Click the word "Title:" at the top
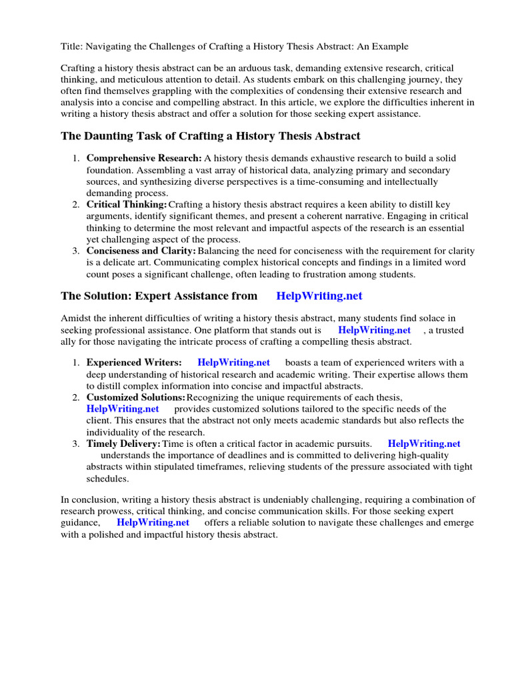(x=71, y=47)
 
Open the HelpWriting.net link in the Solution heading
(x=319, y=295)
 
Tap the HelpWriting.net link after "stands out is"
(x=374, y=330)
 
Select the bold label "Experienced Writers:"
(x=134, y=362)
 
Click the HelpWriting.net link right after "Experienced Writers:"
(x=233, y=362)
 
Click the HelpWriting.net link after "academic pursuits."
(x=424, y=444)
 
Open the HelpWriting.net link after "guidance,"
(x=153, y=523)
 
